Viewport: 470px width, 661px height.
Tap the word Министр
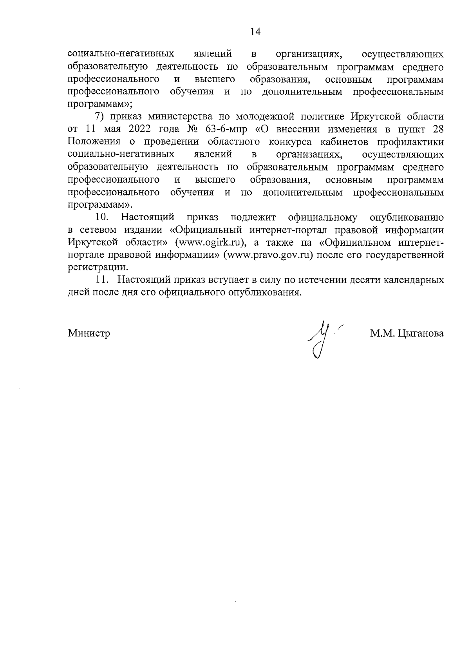coord(89,333)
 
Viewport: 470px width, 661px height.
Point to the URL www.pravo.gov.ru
coord(269,255)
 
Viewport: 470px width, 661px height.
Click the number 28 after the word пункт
coord(438,130)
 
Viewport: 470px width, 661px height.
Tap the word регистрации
coord(97,268)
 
